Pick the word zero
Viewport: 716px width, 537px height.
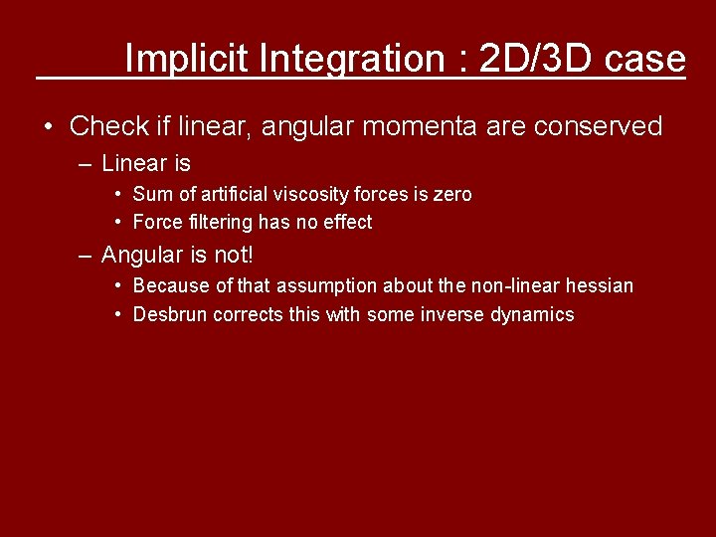(x=451, y=194)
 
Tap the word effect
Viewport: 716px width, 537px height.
(x=345, y=222)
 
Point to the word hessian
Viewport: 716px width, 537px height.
(x=599, y=286)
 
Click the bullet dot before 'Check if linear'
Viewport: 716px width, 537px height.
(x=48, y=127)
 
